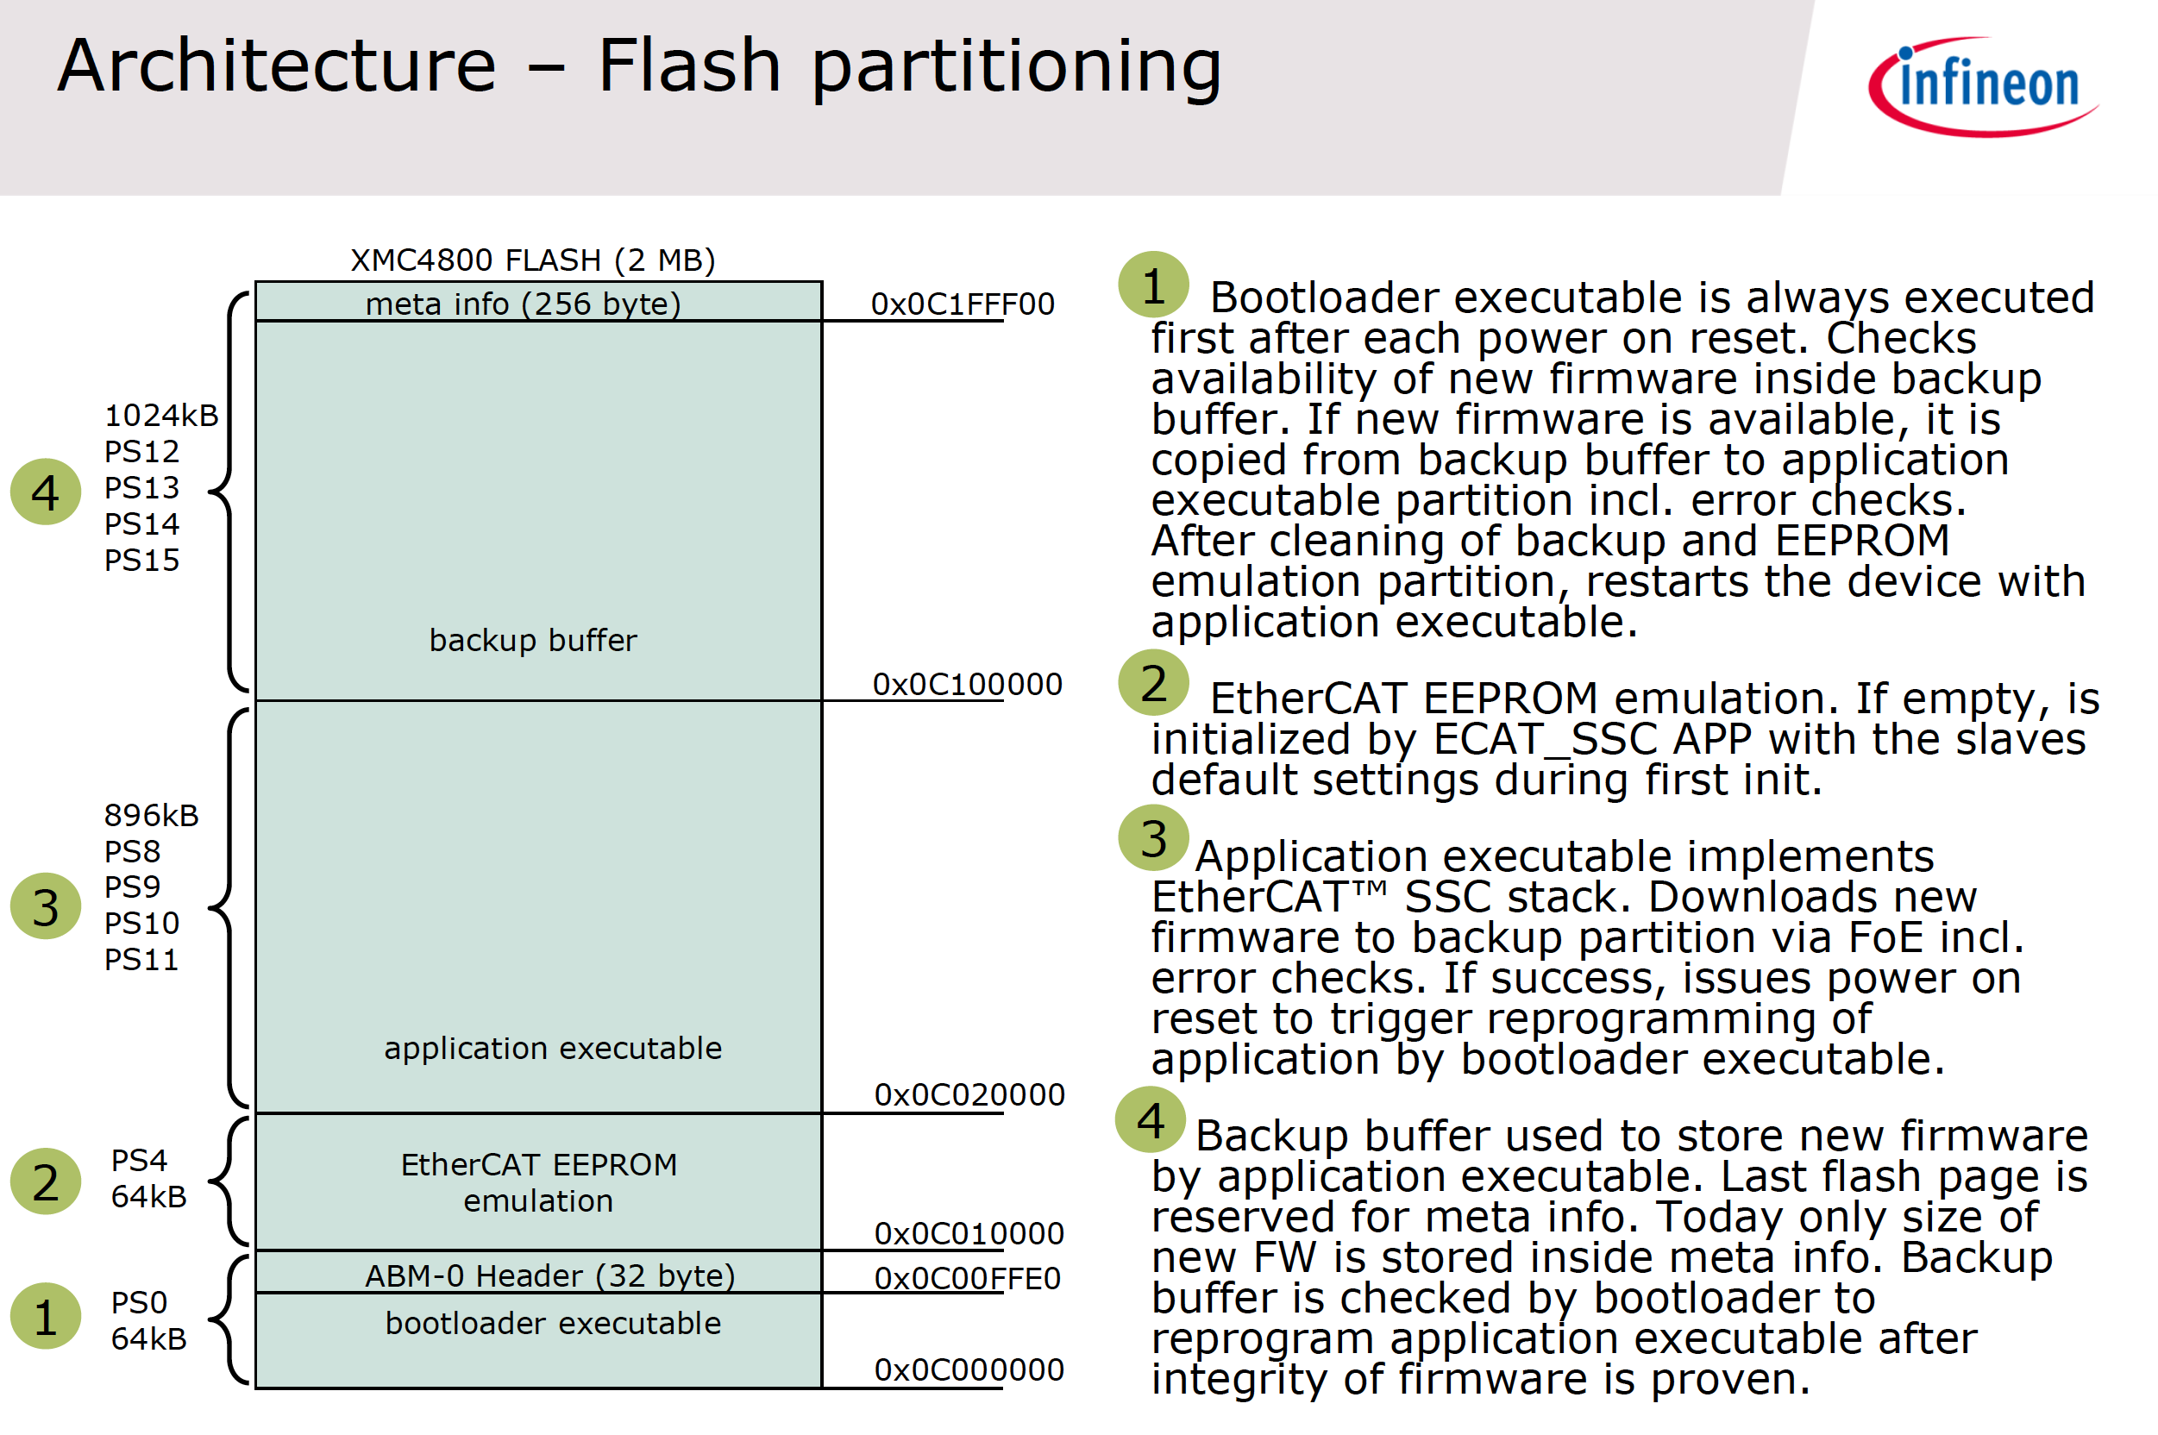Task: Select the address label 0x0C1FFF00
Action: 962,304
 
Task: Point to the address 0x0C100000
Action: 966,684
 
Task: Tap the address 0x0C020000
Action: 969,1093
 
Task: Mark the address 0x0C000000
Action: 969,1369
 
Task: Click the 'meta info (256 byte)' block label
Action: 523,304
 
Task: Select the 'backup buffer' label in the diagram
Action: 533,640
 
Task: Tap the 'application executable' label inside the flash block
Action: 553,1048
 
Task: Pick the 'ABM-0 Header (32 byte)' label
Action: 550,1275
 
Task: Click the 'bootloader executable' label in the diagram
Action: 553,1324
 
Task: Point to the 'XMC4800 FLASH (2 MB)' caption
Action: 533,260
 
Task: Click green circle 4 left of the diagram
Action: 46,492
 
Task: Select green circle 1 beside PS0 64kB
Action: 46,1317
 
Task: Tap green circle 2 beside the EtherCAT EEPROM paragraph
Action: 1153,684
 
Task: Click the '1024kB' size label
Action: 161,416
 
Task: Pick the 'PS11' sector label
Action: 141,959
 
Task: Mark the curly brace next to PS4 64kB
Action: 229,1181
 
